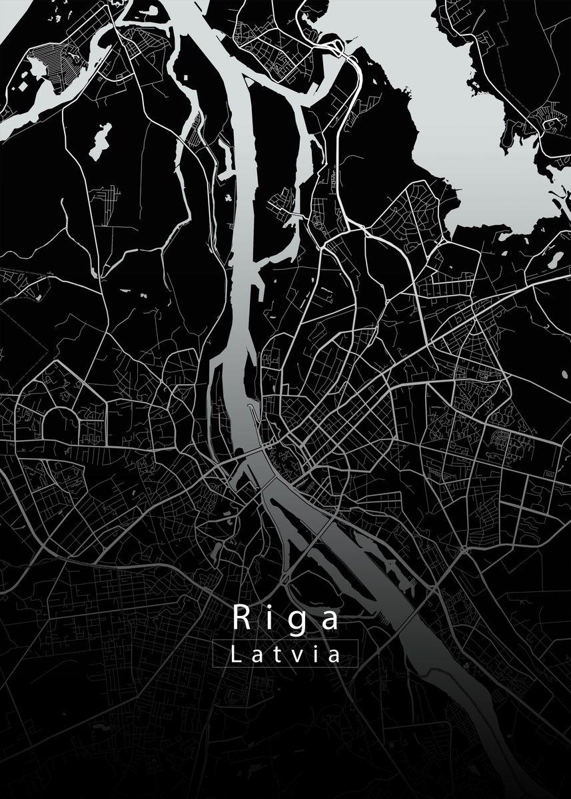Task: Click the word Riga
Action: (286, 619)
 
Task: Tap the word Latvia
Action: (286, 654)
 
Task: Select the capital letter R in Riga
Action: (241, 617)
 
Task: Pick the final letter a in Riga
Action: (329, 620)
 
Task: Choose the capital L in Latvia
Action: (236, 654)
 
